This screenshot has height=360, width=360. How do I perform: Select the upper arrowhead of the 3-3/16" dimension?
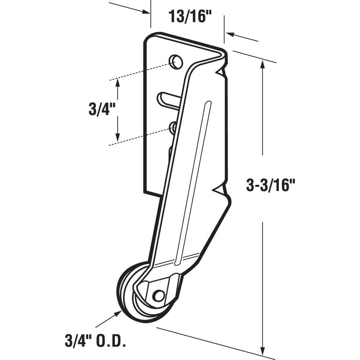(x=263, y=63)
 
